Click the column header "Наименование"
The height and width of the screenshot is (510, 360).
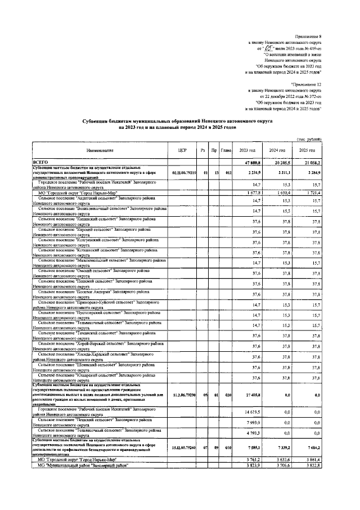click(x=100, y=150)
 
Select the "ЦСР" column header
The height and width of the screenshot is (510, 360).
click(x=182, y=150)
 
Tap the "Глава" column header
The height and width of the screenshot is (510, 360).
click(x=226, y=150)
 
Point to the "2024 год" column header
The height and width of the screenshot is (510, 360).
click(x=277, y=150)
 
